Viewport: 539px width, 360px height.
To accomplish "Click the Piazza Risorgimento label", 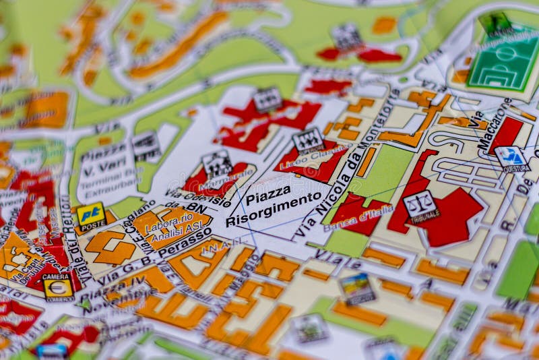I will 274,206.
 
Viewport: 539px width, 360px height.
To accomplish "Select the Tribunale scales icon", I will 419,206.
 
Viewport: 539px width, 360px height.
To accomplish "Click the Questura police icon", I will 511,158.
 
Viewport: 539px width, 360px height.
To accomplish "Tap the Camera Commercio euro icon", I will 58,287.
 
